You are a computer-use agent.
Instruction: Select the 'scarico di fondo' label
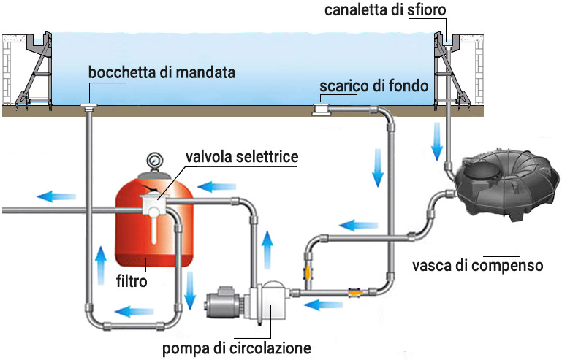[373, 87]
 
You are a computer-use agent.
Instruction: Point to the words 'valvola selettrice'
[242, 157]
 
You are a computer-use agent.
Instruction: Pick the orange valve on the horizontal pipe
[355, 292]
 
